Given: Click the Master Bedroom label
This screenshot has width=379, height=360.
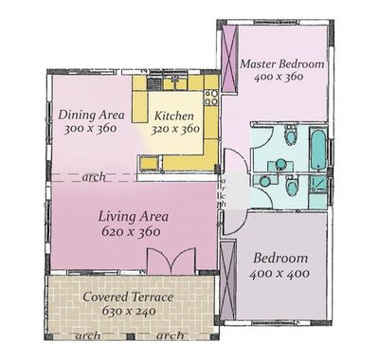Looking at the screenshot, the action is click(282, 63).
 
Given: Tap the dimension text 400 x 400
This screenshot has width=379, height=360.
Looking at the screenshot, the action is click(280, 273).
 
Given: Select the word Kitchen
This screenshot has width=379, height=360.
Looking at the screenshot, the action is click(174, 116).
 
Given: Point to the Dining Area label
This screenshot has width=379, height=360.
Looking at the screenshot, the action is click(91, 115).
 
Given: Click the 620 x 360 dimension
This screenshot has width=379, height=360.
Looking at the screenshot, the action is click(131, 231).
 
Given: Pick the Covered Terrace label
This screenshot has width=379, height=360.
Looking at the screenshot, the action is click(128, 297).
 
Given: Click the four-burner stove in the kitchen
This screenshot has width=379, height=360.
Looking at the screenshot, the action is click(211, 98).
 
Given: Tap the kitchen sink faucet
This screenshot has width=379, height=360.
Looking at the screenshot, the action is click(174, 79).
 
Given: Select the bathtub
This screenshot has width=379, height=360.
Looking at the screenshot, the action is click(317, 149).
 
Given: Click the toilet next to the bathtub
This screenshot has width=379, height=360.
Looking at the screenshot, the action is click(291, 134).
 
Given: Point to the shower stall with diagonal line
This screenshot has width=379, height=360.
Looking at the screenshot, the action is click(317, 184).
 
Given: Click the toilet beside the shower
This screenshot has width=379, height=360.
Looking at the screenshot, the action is click(291, 187).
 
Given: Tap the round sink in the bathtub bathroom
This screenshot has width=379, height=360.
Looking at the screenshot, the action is click(280, 164).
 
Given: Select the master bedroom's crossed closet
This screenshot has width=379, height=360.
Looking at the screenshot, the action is click(229, 59).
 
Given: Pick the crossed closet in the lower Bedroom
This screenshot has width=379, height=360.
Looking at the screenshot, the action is click(227, 281).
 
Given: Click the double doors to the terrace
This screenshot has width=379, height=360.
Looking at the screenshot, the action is click(171, 261).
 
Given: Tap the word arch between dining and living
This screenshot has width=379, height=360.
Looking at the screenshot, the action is click(94, 177).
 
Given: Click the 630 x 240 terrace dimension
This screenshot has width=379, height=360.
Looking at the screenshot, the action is click(129, 311).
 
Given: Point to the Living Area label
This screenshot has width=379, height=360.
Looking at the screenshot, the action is click(133, 217).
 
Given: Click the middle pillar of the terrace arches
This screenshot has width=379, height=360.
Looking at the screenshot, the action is click(131, 336).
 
